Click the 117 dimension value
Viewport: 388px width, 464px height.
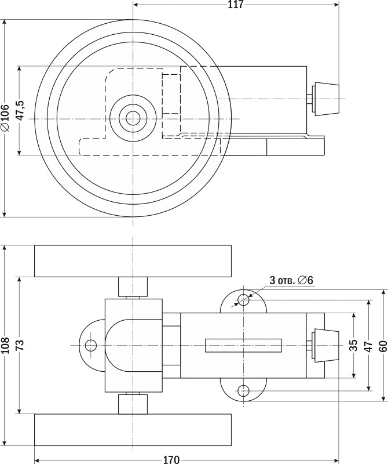235,5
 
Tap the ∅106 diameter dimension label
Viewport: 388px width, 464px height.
5,118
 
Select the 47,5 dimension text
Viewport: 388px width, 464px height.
20,110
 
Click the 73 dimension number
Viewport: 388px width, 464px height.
20,346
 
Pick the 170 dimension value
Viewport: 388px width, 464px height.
170,459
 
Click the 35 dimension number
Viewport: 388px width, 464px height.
353,346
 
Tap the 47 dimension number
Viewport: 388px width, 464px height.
368,346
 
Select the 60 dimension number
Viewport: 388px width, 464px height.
383,346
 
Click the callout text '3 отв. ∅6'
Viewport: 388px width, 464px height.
292,281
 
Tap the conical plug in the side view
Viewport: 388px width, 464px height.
325,99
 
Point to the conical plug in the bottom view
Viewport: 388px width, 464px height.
325,346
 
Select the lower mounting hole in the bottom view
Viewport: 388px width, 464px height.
244,390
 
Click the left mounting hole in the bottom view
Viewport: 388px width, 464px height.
90,346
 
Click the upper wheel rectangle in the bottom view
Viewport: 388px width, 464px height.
133,261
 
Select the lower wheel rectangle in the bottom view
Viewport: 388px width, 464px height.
133,430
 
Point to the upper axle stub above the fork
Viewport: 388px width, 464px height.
133,287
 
